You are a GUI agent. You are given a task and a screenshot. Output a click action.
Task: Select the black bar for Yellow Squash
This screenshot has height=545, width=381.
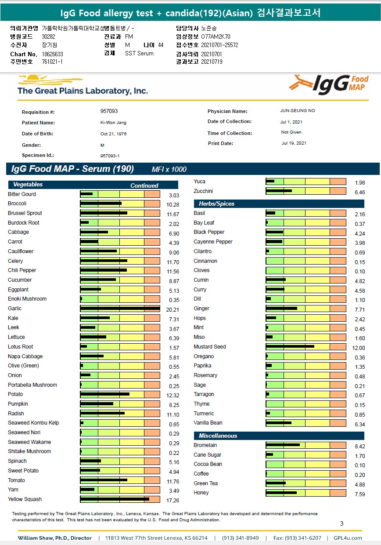click(115, 499)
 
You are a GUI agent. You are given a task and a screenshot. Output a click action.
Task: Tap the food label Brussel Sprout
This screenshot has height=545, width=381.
click(25, 213)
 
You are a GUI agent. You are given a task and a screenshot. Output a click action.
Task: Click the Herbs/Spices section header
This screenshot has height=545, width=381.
click(216, 204)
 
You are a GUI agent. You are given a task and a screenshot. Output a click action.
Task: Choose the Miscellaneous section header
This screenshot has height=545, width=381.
click(218, 436)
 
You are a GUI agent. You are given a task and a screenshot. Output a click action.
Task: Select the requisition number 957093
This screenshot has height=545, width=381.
click(109, 112)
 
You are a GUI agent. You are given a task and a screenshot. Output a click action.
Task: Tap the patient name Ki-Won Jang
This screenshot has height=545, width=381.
click(113, 123)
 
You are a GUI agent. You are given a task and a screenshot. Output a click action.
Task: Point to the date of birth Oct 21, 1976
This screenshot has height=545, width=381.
click(113, 134)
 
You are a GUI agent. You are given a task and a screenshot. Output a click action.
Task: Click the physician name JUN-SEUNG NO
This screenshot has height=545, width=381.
click(297, 111)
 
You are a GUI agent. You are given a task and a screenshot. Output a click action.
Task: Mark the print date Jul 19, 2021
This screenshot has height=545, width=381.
click(294, 143)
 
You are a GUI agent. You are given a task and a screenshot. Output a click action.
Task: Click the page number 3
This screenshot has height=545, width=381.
click(342, 523)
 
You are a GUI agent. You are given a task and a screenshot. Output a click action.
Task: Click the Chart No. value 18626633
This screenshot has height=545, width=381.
click(53, 54)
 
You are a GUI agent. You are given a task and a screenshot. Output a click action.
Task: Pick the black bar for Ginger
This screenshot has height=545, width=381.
click(281, 309)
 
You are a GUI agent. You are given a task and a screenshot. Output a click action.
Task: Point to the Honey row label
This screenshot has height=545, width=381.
click(201, 493)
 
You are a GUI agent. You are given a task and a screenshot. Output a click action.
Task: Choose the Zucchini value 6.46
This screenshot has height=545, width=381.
click(359, 193)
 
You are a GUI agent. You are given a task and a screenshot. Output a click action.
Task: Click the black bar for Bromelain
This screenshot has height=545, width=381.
click(283, 445)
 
